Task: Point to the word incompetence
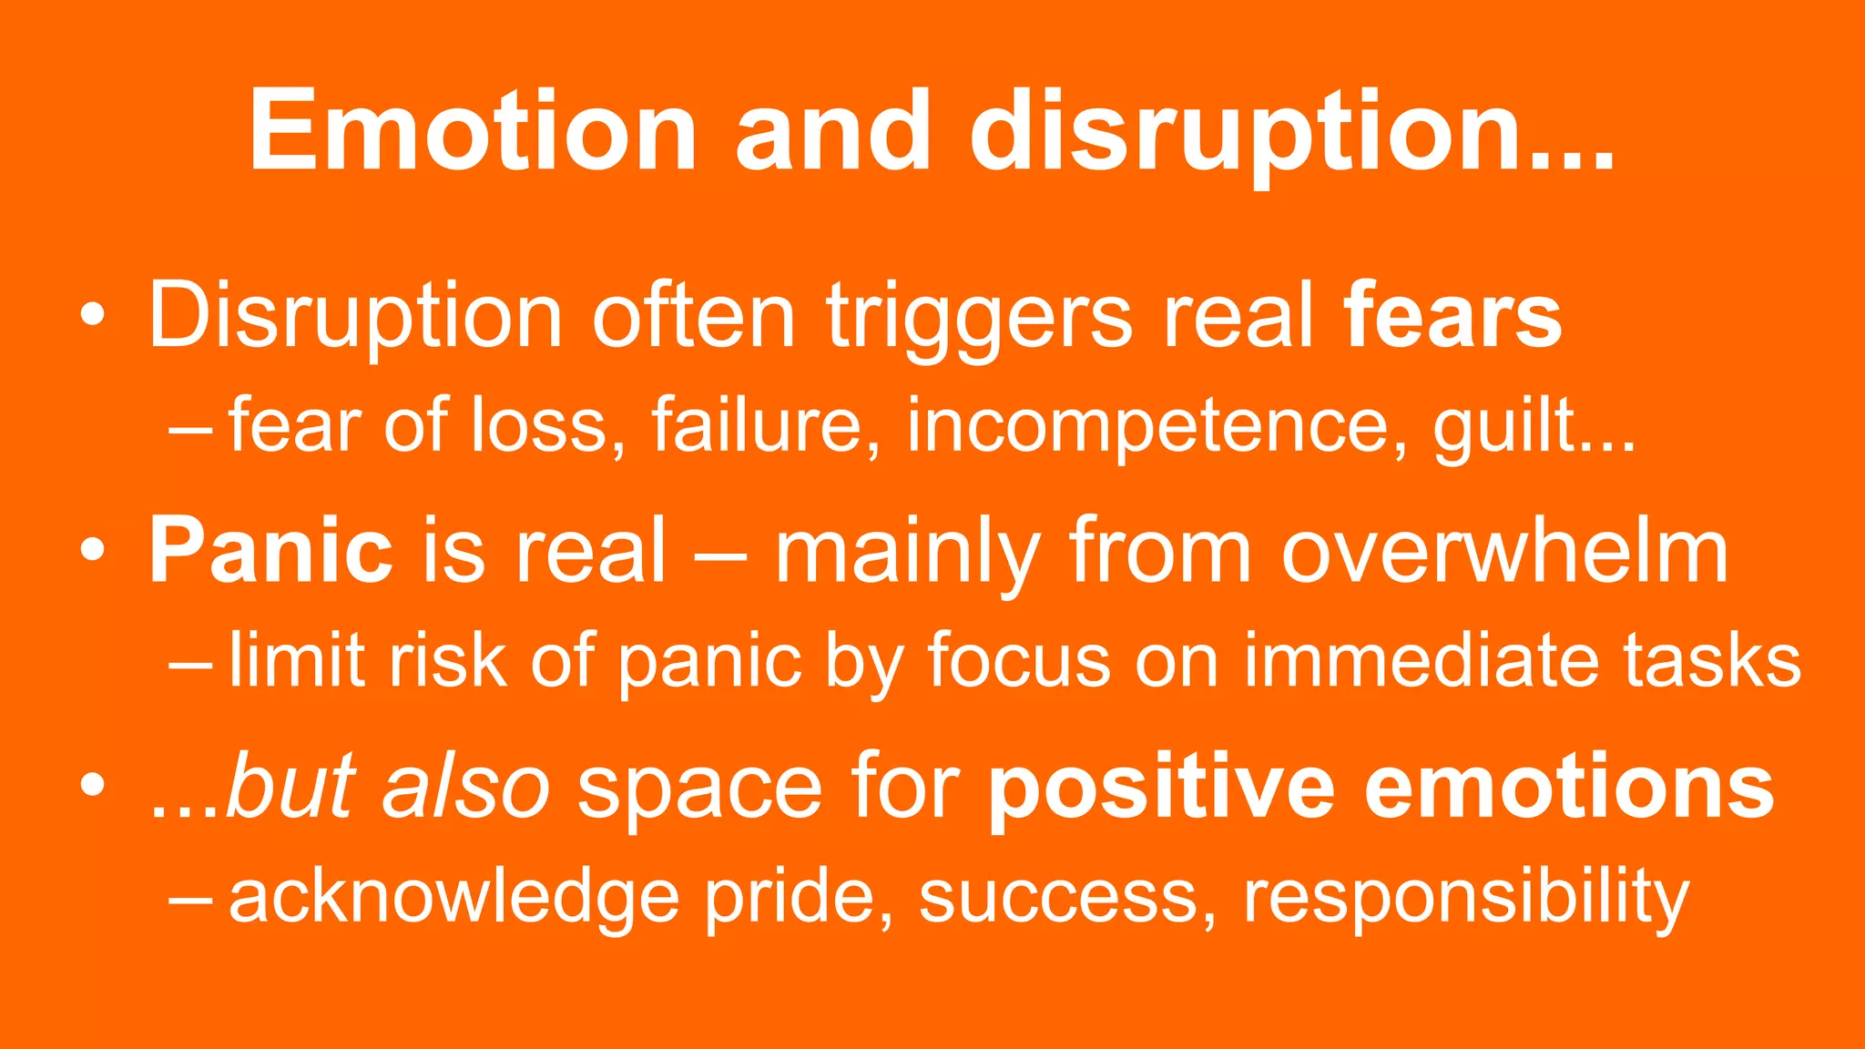(x=1147, y=425)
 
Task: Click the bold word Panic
(x=270, y=551)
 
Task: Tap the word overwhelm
(x=1504, y=551)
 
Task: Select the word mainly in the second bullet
(x=907, y=551)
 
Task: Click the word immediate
(x=1421, y=660)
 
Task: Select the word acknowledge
(x=454, y=896)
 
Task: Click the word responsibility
(x=1466, y=896)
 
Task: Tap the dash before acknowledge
(x=190, y=896)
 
